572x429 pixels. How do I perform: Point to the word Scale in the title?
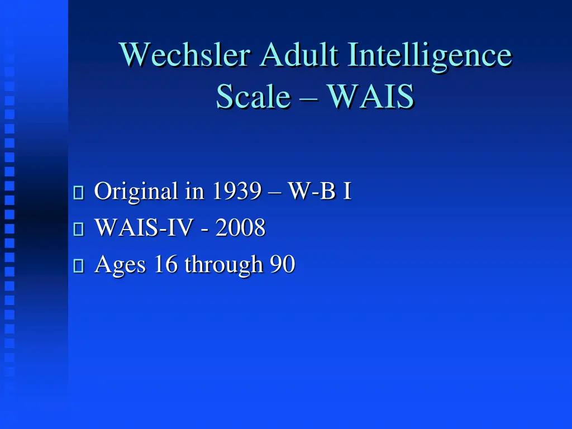(253, 97)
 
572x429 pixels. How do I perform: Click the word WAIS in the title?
(370, 97)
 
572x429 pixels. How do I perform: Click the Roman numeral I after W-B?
(347, 192)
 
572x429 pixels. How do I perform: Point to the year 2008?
(240, 228)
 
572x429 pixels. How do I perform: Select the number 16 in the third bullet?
(165, 264)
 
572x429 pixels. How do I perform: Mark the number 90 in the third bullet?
(282, 264)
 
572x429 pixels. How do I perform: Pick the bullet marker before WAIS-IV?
(78, 230)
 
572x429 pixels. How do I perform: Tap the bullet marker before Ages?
(78, 266)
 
